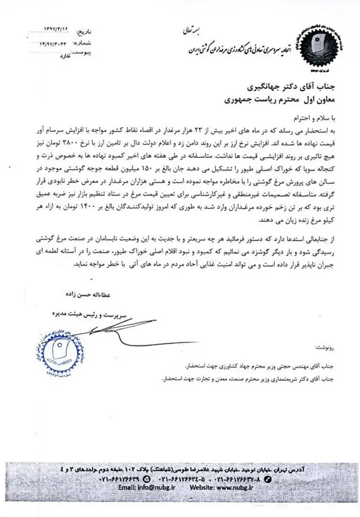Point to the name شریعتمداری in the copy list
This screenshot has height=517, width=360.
click(x=260, y=378)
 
